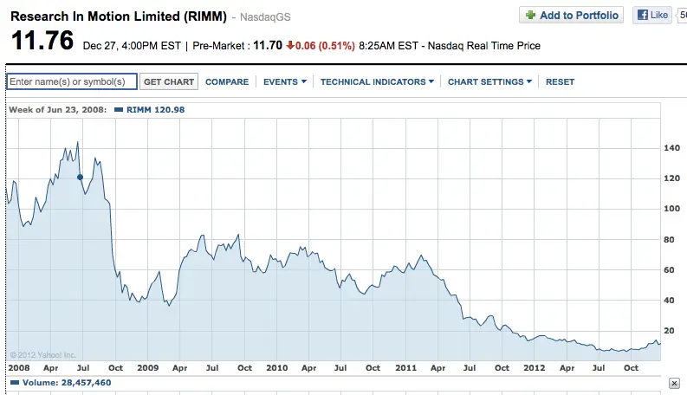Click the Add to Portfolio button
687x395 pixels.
coord(571,15)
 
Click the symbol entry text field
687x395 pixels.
coord(72,81)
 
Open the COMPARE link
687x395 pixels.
coord(227,82)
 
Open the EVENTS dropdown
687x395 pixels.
coord(285,82)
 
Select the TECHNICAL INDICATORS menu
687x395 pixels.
coord(377,82)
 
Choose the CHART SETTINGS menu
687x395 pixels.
coord(489,82)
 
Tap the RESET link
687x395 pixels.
coord(560,82)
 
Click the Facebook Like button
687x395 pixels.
coord(652,15)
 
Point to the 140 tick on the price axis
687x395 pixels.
coord(671,148)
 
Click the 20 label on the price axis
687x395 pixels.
coord(669,331)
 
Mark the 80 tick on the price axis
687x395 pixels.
coord(669,240)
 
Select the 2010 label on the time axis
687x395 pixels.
coord(277,368)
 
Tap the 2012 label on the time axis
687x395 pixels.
coord(534,368)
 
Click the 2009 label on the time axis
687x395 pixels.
coord(147,368)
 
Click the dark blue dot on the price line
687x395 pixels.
coord(80,178)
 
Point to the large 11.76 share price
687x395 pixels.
coord(42,41)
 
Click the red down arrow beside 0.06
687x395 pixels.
coord(290,45)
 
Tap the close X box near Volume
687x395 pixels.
coord(674,383)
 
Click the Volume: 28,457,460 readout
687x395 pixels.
coord(61,383)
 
